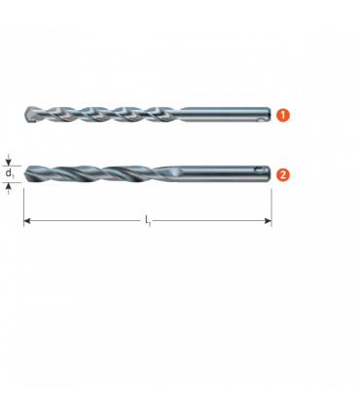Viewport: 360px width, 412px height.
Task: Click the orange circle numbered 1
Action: pos(282,115)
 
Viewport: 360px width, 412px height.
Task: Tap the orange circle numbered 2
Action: pos(282,174)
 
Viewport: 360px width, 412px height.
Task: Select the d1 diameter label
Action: pos(10,173)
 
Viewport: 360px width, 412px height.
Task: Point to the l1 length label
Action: pos(148,221)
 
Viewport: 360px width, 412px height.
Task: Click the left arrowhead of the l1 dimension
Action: pos(27,221)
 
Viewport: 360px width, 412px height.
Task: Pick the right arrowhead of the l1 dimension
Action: pos(268,221)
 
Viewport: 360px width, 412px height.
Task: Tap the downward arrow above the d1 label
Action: pos(9,161)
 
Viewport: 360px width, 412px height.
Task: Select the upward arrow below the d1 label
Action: pos(9,188)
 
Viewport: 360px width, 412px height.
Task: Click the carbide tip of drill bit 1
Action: pos(30,115)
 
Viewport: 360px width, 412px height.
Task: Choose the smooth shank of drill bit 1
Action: pos(225,115)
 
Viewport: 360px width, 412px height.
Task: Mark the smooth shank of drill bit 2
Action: pos(225,174)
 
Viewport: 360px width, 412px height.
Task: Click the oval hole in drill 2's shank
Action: pos(260,169)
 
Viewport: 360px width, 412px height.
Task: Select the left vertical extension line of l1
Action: pos(24,207)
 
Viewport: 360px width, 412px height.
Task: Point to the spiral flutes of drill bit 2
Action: pos(97,174)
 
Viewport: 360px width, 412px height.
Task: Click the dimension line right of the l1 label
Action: pos(211,221)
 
